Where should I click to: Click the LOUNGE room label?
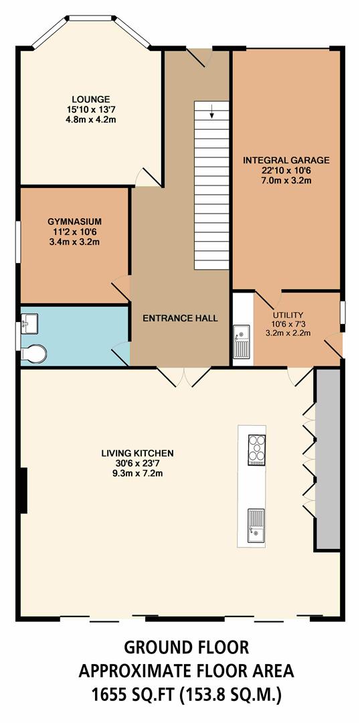tap(92, 99)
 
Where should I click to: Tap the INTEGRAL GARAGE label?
tap(286, 160)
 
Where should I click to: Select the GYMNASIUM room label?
tap(74, 220)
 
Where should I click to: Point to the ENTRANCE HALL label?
tap(180, 318)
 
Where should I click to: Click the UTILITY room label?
tap(288, 315)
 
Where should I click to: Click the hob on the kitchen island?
tap(256, 449)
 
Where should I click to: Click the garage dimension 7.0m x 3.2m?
tap(286, 181)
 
